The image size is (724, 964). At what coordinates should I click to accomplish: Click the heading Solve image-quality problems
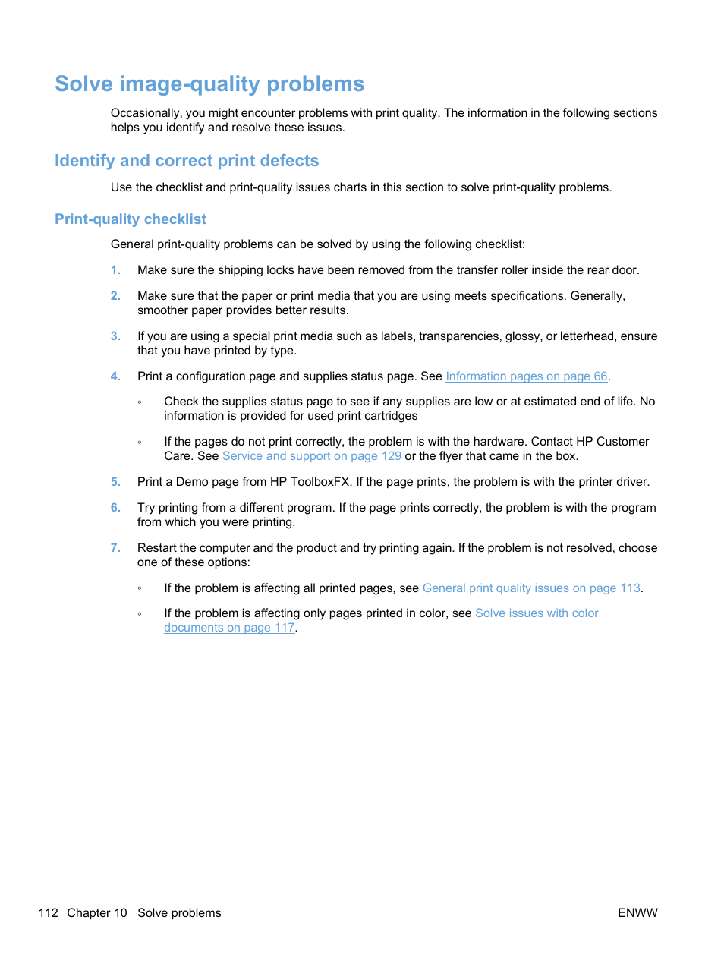pyautogui.click(x=209, y=84)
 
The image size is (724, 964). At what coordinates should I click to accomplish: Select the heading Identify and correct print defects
pyautogui.click(x=187, y=161)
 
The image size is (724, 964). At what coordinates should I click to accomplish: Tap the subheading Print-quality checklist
pyautogui.click(x=131, y=219)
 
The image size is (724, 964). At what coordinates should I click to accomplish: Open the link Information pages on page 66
pyautogui.click(x=526, y=376)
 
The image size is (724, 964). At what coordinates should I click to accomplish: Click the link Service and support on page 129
pyautogui.click(x=311, y=456)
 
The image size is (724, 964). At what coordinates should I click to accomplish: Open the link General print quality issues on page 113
pyautogui.click(x=531, y=588)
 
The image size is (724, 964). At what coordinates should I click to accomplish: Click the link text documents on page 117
pyautogui.click(x=229, y=628)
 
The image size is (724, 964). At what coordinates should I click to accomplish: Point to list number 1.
pyautogui.click(x=115, y=270)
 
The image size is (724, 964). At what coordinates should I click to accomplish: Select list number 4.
pyautogui.click(x=115, y=376)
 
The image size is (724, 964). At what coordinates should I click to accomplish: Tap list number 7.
pyautogui.click(x=115, y=548)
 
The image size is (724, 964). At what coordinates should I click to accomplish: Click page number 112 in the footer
pyautogui.click(x=48, y=913)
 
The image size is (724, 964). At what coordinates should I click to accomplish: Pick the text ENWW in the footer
pyautogui.click(x=637, y=913)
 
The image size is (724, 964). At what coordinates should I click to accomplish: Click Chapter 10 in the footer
pyautogui.click(x=97, y=913)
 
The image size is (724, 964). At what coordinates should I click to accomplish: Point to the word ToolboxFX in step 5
pyautogui.click(x=320, y=482)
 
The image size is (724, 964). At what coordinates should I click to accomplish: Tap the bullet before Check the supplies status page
pyautogui.click(x=140, y=402)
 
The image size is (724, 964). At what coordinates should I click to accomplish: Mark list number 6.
pyautogui.click(x=115, y=508)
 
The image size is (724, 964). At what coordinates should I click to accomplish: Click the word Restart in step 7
pyautogui.click(x=157, y=548)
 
